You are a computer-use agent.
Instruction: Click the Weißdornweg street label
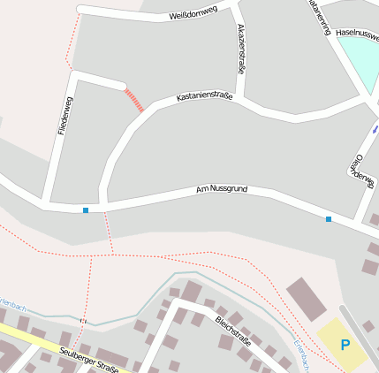click(x=193, y=15)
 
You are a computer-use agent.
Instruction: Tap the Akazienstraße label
click(x=242, y=49)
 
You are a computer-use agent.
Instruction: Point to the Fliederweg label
click(x=64, y=115)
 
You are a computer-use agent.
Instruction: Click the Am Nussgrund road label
click(x=221, y=189)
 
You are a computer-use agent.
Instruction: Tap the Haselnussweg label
click(x=358, y=34)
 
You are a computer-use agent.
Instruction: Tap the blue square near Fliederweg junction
click(x=86, y=210)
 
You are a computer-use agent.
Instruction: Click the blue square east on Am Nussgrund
click(x=329, y=219)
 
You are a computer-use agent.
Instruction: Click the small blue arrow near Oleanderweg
click(x=375, y=129)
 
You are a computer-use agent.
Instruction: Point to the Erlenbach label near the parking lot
click(x=299, y=354)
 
